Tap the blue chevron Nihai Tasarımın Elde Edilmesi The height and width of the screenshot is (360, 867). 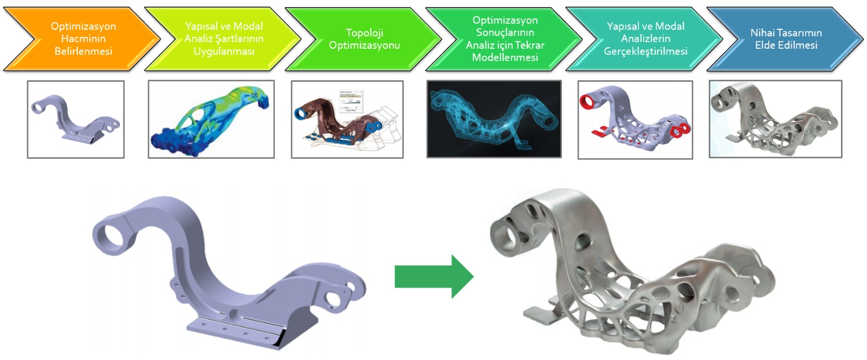coord(786,39)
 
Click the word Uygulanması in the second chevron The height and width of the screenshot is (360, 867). coord(224,52)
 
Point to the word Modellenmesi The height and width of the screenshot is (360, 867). coord(505,57)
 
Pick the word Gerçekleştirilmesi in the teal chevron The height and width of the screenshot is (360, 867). coord(645,52)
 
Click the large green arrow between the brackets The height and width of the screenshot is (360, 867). coord(433,277)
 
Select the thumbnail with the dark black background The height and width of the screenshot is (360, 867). coord(494,119)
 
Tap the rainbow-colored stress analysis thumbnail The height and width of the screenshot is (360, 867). coord(211,119)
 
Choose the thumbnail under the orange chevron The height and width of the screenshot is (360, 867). coord(76,119)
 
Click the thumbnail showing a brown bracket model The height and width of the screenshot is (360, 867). coord(347,119)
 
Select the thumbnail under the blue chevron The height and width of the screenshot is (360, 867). coord(775,119)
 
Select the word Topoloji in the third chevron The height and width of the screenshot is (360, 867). coord(364,33)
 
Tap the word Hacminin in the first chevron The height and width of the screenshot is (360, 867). coord(83,39)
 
